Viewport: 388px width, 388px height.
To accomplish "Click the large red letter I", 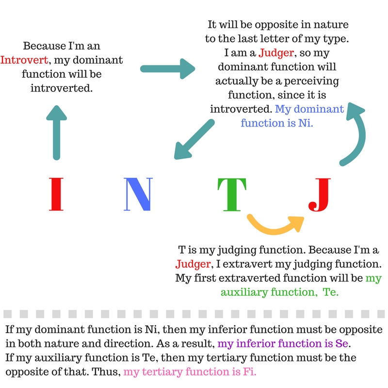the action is (56, 194).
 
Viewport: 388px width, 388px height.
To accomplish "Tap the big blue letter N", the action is (138, 194).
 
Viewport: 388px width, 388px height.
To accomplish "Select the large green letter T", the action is (232, 194).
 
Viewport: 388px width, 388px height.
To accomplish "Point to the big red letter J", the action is (320, 195).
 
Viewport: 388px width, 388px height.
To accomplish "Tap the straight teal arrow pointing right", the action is (167, 69).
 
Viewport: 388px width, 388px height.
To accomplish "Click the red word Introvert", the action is (24, 60).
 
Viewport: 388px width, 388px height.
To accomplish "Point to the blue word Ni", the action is (306, 123).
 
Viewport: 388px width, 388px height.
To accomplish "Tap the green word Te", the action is (330, 292).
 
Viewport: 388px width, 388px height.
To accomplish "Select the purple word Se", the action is (342, 343).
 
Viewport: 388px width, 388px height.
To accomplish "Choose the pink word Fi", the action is (250, 372).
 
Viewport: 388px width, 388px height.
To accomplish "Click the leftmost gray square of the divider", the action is (8, 314).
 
